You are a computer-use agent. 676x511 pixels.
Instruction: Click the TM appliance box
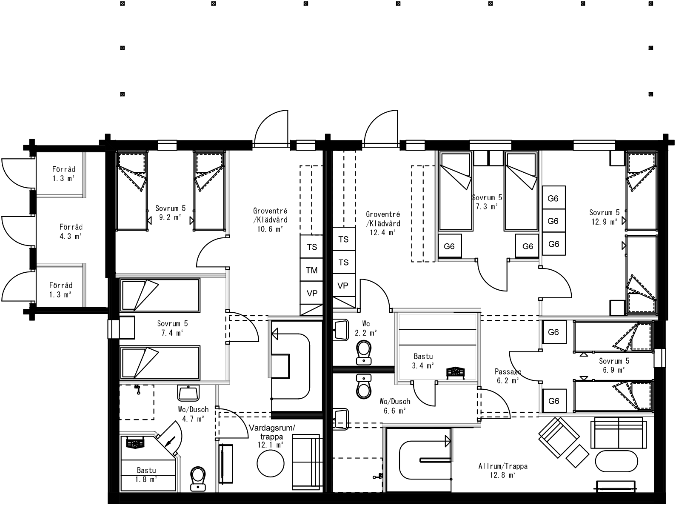[x=311, y=270]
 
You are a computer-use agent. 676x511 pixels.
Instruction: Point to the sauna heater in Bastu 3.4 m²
[x=456, y=372]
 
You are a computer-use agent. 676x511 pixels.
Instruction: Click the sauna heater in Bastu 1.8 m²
[x=136, y=443]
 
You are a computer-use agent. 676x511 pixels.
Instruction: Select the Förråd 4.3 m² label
[x=71, y=231]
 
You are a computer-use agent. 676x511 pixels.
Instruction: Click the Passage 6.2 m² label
[x=508, y=376]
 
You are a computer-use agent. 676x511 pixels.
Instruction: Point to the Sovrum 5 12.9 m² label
[x=604, y=217]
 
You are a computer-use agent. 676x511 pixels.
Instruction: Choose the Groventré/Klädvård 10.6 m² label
[x=270, y=220]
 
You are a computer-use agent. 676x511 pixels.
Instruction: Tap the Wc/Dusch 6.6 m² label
[x=395, y=405]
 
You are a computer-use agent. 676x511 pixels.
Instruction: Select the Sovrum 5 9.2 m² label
[x=171, y=212]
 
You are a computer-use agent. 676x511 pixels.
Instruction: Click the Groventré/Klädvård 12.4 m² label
[x=383, y=223]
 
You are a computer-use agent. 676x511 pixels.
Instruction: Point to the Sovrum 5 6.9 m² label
[x=614, y=365]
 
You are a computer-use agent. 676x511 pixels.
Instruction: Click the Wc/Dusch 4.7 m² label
[x=193, y=414]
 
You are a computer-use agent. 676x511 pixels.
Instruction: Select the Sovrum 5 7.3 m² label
[x=487, y=202]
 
